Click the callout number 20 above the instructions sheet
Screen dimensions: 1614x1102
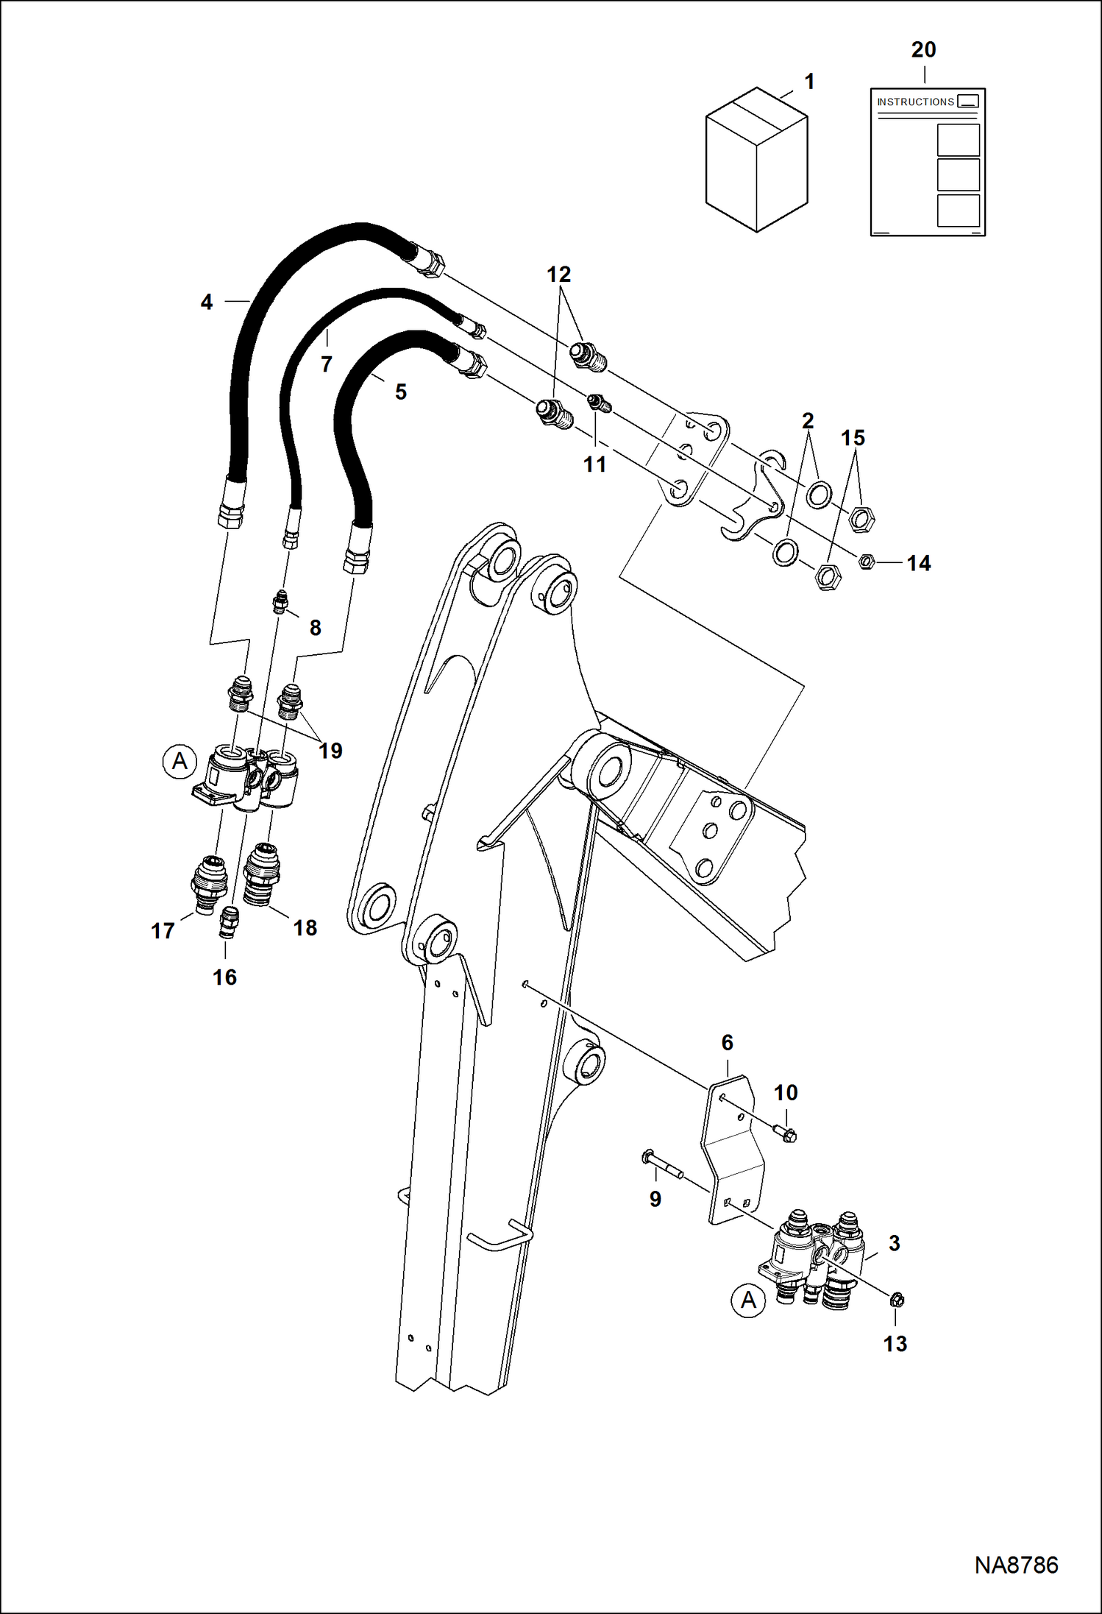coord(923,50)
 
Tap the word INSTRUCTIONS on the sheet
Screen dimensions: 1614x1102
coord(915,102)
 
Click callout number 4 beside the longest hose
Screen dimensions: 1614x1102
coord(207,302)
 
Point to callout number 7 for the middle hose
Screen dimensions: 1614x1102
coord(327,364)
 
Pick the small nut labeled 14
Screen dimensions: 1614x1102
coord(867,562)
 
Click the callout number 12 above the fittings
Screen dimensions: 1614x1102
coord(558,275)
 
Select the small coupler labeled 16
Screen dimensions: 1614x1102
coord(228,922)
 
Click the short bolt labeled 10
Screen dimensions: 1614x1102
coord(783,1134)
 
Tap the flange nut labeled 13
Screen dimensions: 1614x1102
coord(897,1300)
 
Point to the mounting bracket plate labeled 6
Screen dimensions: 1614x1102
coord(731,1148)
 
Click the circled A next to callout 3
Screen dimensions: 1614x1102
coord(748,1300)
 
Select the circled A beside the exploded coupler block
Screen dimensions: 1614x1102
coord(179,760)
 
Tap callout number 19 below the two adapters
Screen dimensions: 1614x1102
coord(330,751)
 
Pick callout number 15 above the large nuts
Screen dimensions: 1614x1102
coord(853,438)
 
